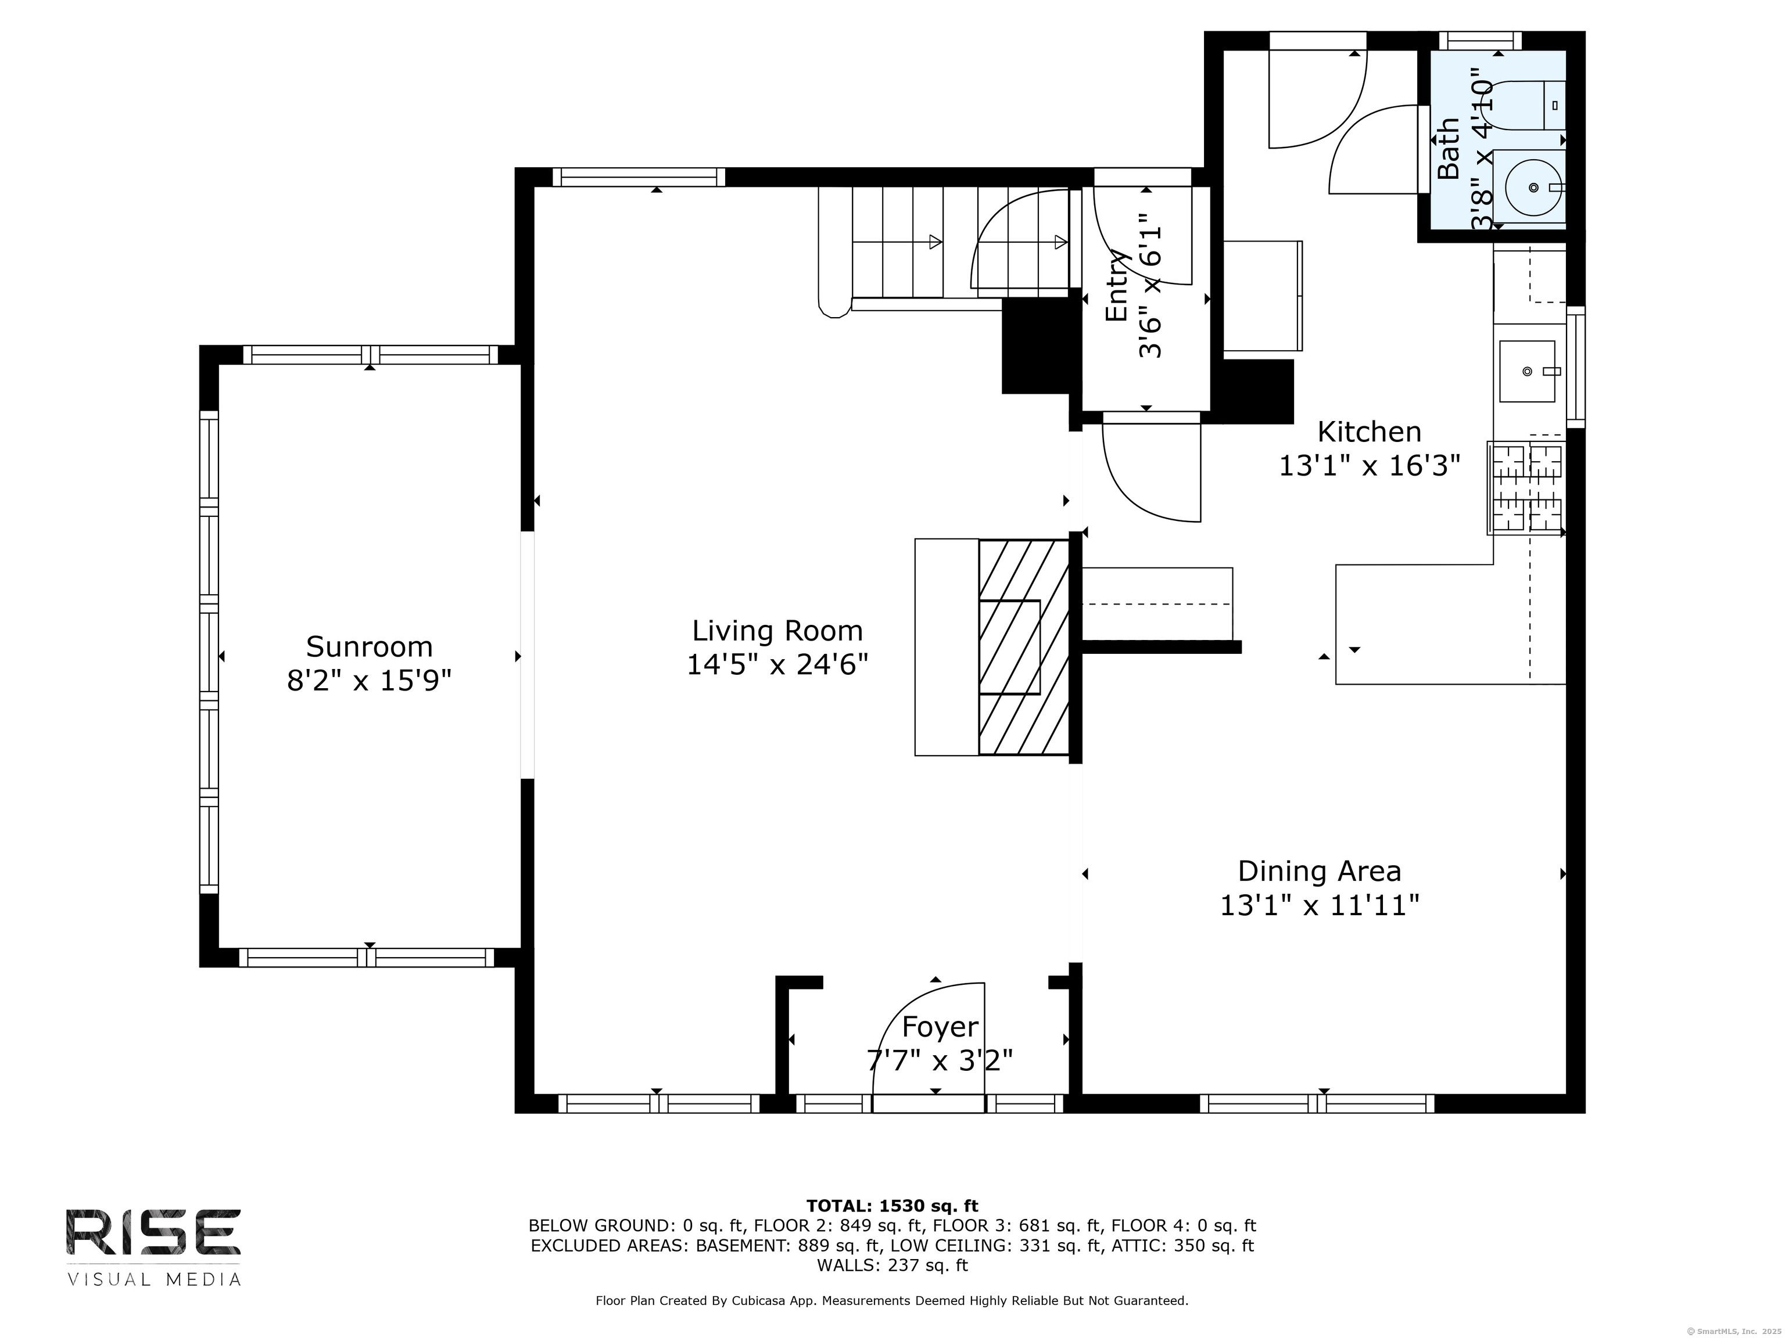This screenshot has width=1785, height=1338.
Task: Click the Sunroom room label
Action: click(369, 647)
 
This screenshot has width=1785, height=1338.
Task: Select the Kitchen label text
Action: click(1370, 431)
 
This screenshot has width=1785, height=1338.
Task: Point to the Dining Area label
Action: click(1320, 871)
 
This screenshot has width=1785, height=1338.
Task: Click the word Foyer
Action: click(940, 1027)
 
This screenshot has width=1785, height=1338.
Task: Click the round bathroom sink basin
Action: click(1533, 187)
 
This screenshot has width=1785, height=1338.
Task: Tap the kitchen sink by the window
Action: click(1527, 371)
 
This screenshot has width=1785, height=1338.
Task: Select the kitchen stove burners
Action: click(1526, 489)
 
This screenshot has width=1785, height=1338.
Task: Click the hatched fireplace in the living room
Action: click(1024, 648)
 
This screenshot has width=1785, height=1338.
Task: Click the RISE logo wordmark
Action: click(153, 1232)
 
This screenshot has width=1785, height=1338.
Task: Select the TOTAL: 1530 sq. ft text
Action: click(892, 1206)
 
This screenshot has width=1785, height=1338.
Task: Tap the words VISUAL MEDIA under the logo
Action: click(153, 1279)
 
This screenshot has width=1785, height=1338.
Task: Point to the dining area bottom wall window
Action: click(1317, 1103)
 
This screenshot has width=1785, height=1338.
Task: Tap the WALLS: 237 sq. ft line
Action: click(892, 1265)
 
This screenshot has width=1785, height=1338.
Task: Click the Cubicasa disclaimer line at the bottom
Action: click(892, 1300)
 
